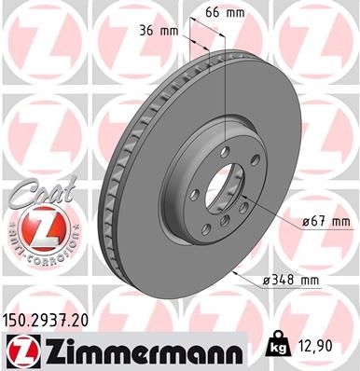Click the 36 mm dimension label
click(157, 31)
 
